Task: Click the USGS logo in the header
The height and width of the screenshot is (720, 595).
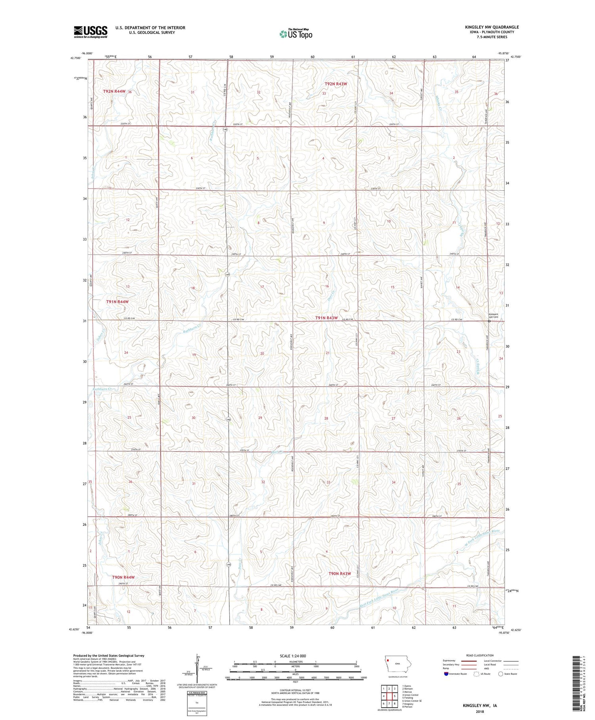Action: click(90, 32)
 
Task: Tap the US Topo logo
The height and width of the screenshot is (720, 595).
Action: click(296, 34)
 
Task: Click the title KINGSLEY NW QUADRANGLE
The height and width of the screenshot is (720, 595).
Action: click(491, 27)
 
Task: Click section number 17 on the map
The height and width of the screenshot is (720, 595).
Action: click(262, 287)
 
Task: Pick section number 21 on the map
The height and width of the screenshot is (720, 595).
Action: click(328, 353)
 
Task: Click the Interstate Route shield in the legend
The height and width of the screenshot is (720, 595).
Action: click(446, 674)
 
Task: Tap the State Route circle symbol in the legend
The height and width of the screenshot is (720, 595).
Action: click(501, 674)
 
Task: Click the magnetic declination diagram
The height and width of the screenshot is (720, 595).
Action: click(196, 671)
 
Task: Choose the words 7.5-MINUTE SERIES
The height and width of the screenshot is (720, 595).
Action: click(491, 37)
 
